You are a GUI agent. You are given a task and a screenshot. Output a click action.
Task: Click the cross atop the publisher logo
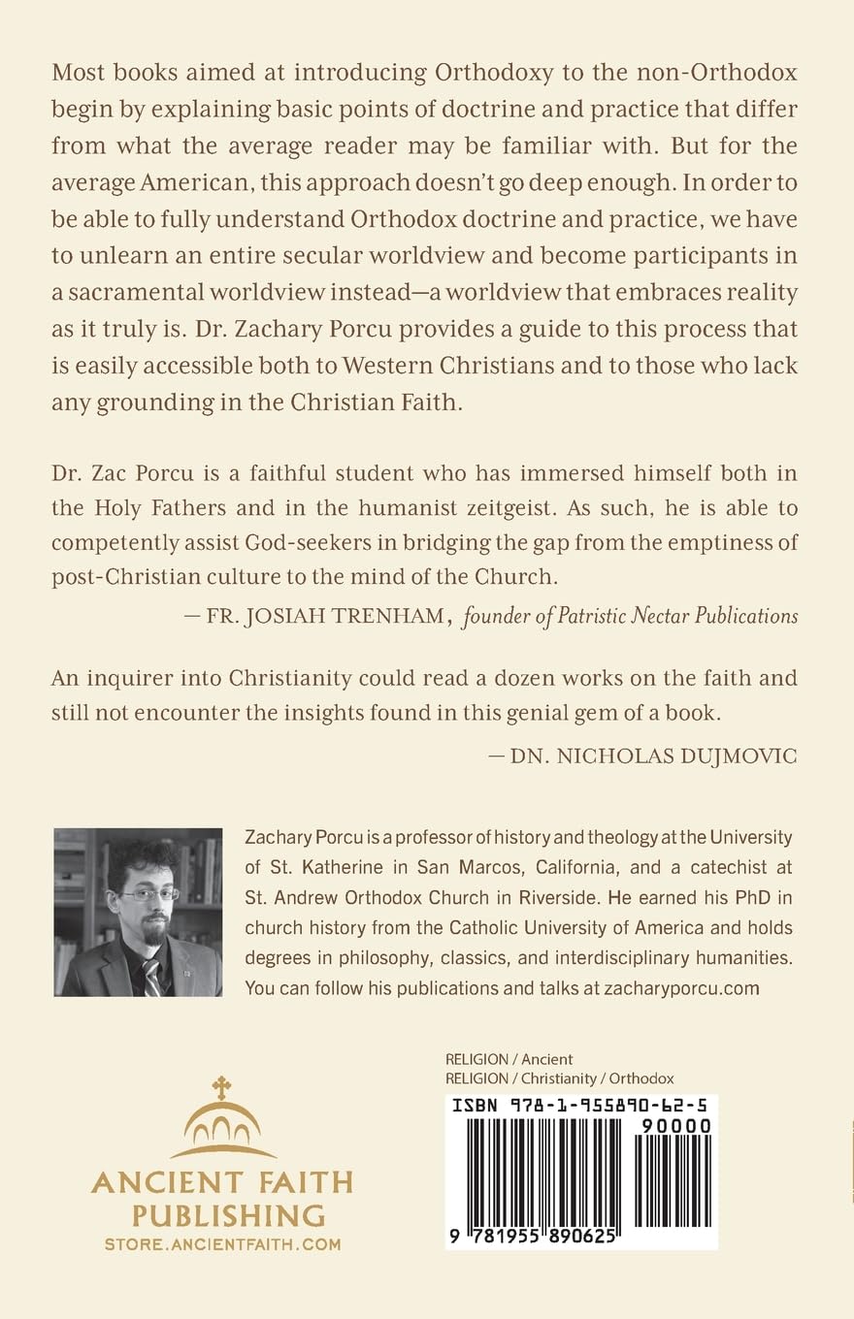click(222, 1086)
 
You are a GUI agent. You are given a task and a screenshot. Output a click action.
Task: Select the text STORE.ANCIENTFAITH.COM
click(222, 1244)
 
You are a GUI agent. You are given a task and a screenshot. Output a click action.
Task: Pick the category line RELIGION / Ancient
click(509, 1059)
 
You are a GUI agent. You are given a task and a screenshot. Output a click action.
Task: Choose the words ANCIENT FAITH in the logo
click(222, 1182)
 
